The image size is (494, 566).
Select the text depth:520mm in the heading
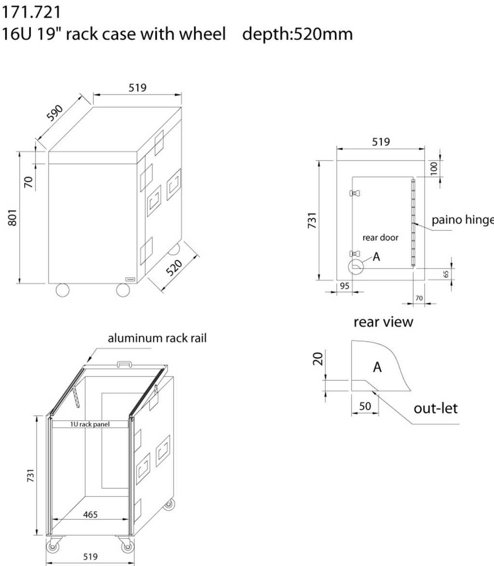[x=297, y=34]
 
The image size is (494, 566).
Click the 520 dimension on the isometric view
[x=175, y=268]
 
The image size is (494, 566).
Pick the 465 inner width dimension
[x=90, y=514]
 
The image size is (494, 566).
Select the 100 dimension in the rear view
[x=434, y=167]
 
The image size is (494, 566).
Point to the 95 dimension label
[x=344, y=286]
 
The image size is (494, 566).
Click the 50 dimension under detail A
[x=365, y=406]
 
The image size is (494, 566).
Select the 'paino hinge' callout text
[x=462, y=220]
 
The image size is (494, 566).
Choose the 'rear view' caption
[x=383, y=322]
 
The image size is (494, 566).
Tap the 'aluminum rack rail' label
[x=157, y=338]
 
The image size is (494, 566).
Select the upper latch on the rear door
[x=356, y=193]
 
